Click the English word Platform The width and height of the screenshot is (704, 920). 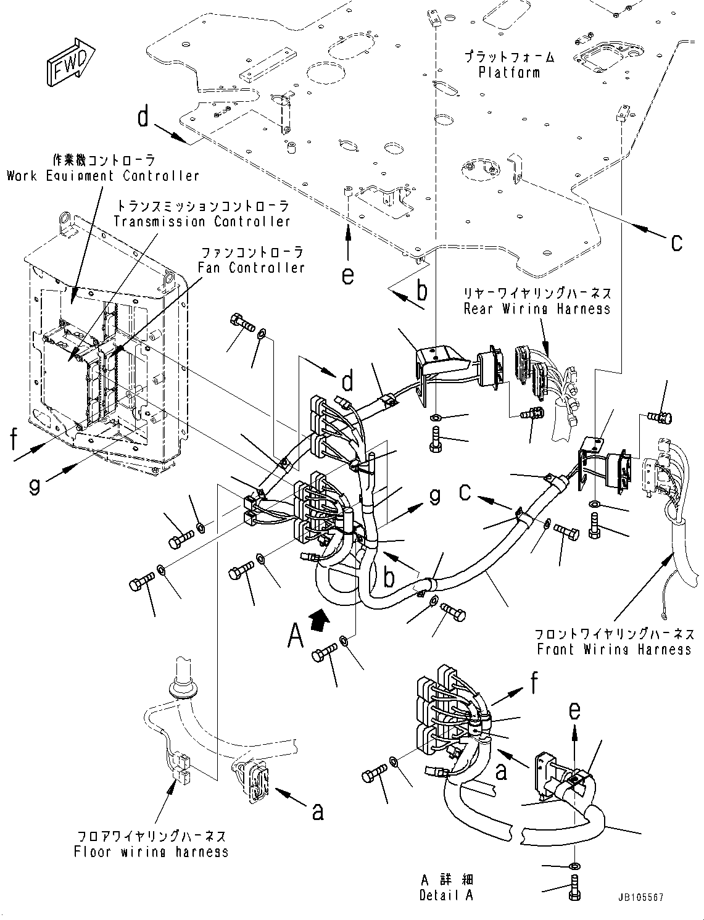[x=509, y=72]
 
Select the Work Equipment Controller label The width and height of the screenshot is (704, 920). [x=103, y=176]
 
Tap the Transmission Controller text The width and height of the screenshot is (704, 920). [x=201, y=222]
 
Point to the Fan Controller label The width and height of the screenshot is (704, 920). [x=251, y=268]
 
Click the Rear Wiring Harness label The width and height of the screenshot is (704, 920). [x=537, y=309]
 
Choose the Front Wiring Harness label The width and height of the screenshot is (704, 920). [x=614, y=650]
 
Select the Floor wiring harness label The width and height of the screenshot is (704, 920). [x=151, y=852]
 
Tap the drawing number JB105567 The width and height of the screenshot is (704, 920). [x=639, y=898]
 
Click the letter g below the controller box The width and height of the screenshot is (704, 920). [x=35, y=486]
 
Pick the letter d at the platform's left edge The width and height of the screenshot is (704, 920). [x=143, y=116]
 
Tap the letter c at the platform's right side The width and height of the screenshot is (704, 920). [x=677, y=242]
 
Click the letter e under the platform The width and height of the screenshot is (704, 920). [x=348, y=276]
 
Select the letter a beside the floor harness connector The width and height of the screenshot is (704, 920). [x=318, y=813]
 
